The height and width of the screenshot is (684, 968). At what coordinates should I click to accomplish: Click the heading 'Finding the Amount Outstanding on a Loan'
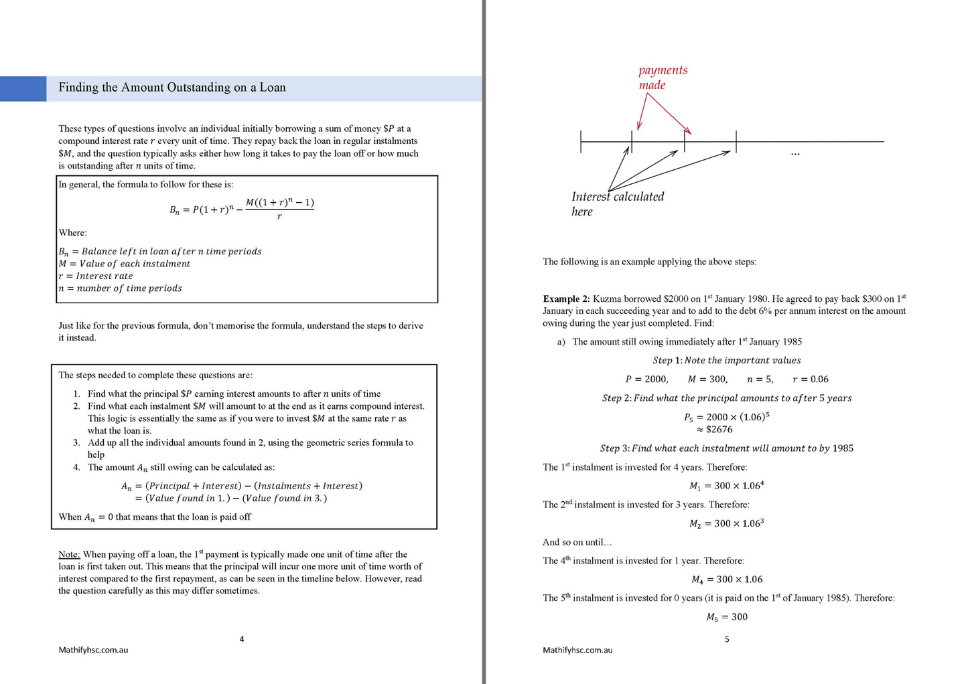(172, 88)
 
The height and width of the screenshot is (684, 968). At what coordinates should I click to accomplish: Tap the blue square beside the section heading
(23, 88)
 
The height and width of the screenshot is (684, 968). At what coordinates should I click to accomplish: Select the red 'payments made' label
(662, 78)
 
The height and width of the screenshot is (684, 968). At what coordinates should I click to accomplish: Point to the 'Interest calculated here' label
(617, 203)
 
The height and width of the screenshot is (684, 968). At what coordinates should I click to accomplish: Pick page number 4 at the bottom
(242, 639)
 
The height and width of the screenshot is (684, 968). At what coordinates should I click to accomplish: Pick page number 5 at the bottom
(727, 639)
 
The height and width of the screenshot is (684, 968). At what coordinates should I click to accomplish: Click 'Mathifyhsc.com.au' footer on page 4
(93, 650)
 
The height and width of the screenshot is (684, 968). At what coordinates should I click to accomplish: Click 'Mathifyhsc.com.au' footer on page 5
(577, 650)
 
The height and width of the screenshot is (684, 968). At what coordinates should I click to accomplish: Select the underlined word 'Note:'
(69, 554)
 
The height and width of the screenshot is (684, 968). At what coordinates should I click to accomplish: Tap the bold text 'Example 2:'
(566, 299)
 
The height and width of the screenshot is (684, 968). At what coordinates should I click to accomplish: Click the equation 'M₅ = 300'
(727, 617)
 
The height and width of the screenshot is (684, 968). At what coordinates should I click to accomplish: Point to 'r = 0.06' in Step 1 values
(811, 379)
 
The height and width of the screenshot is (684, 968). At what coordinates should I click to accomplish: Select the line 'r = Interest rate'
(96, 276)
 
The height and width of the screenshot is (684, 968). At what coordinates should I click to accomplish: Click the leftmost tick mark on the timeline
(581, 141)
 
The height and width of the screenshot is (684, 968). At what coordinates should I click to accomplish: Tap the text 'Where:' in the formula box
(72, 233)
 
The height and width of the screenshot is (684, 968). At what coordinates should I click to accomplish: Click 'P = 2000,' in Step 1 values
(646, 379)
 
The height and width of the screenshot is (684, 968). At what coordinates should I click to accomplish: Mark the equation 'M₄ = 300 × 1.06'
(727, 580)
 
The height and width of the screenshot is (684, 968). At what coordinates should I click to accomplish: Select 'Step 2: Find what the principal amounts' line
(727, 398)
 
